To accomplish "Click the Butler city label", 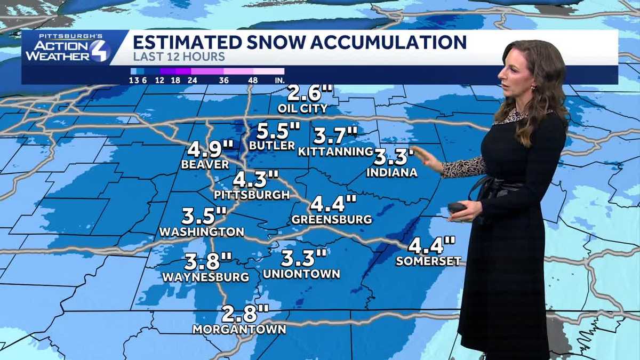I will [271, 146].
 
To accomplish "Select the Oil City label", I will [302, 108].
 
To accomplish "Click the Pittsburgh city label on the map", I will [252, 195].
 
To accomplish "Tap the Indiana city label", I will [391, 172].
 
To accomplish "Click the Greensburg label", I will [332, 219].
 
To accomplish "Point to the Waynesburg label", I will [205, 277].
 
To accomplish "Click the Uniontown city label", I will [301, 274].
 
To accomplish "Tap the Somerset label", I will [428, 261].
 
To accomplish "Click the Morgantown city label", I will [239, 329].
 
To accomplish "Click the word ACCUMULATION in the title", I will [374, 42].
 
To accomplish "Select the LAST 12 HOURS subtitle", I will [179, 57].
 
